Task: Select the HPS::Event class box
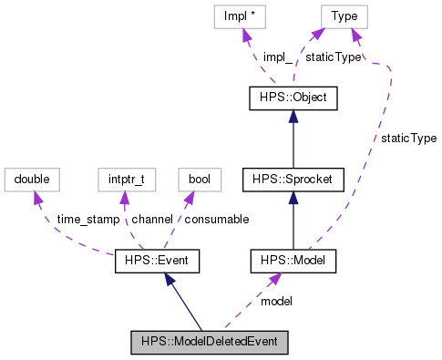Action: (x=156, y=262)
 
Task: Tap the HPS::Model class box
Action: (x=293, y=262)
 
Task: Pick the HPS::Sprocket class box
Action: (x=293, y=180)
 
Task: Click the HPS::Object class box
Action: (x=293, y=98)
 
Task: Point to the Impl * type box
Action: (x=245, y=15)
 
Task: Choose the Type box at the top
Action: (x=344, y=15)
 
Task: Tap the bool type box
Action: (x=198, y=180)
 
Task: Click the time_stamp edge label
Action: (x=87, y=220)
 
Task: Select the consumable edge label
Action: (x=218, y=220)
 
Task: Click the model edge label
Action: (x=277, y=301)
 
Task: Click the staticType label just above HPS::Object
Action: (x=332, y=57)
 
